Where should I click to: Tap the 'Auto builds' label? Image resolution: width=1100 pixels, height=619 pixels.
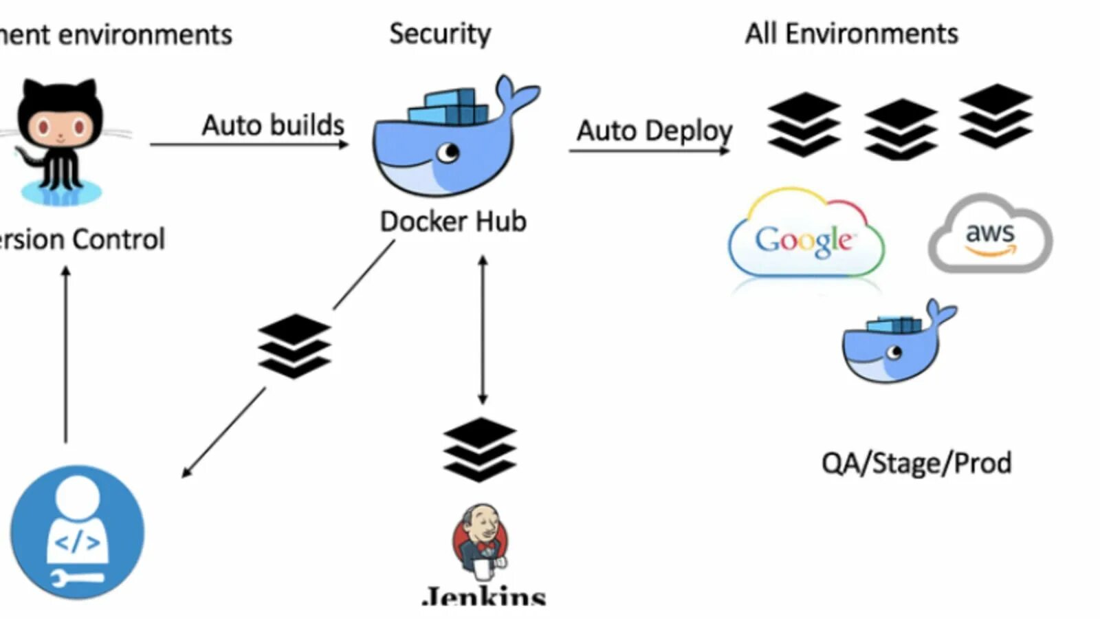(x=273, y=125)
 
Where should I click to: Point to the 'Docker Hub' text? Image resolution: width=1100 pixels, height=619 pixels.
(x=453, y=221)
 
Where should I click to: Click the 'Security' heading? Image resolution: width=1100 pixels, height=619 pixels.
(x=440, y=34)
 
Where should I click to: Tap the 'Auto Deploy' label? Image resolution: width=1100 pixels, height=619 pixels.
(x=654, y=130)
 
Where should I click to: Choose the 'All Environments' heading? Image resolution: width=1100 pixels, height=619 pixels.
(x=851, y=34)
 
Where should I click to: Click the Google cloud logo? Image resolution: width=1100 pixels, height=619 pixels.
(x=806, y=234)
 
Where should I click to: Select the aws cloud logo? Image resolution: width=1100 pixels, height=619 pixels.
(x=990, y=234)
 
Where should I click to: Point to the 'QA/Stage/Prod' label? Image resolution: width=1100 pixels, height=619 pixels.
(x=916, y=463)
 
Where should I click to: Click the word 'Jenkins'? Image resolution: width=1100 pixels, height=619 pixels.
(x=485, y=596)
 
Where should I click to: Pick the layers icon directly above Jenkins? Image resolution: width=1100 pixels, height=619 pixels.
(x=479, y=448)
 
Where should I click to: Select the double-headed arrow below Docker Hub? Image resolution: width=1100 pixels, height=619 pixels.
(x=483, y=329)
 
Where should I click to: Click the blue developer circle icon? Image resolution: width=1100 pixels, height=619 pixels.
(x=77, y=532)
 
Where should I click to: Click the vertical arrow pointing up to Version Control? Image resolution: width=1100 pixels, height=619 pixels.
(x=66, y=354)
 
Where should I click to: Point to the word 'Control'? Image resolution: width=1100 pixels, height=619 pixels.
(x=118, y=239)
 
